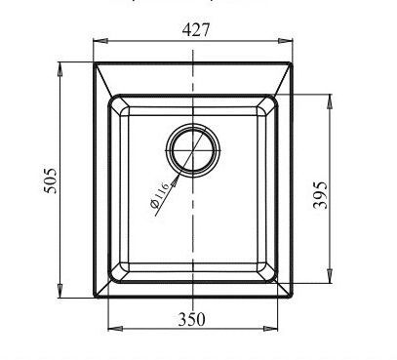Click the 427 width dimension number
pos(196,30)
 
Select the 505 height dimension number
pos(51,180)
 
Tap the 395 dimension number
pos(320,195)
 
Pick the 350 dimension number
pos(192,319)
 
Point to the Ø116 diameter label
pos(160,195)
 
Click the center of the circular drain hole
pos(193,150)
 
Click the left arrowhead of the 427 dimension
pos(100,41)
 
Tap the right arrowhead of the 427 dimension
pos(286,41)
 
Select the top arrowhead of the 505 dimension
pos(60,69)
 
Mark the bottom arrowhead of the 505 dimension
pos(60,290)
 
